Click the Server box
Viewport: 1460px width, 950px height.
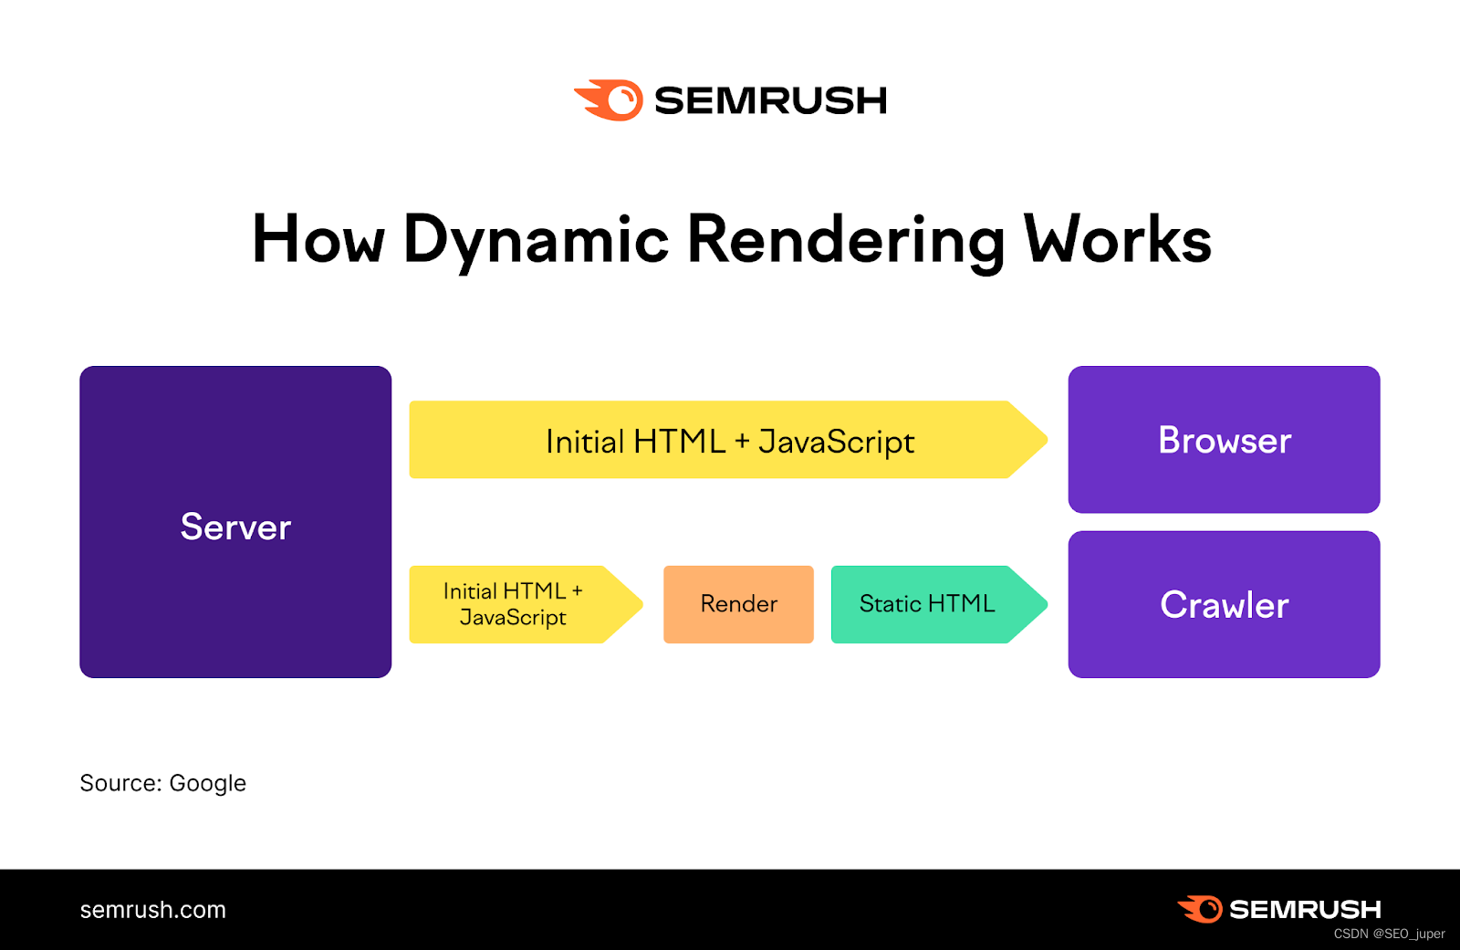tap(235, 522)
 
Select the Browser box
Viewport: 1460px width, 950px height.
tap(1224, 440)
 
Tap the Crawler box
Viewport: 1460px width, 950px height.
tap(1224, 604)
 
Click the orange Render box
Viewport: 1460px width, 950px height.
tap(738, 604)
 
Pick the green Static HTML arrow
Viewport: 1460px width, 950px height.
tap(931, 604)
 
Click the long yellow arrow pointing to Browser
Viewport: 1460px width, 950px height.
tap(721, 440)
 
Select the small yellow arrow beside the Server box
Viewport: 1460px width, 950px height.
tap(516, 604)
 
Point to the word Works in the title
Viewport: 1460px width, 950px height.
tap(1118, 239)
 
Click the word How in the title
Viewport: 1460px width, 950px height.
tap(318, 239)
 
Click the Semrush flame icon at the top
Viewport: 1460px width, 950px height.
tap(610, 100)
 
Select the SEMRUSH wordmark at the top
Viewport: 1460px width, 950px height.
tap(770, 100)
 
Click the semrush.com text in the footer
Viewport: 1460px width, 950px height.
tap(153, 910)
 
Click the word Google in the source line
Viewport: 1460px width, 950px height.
tap(207, 784)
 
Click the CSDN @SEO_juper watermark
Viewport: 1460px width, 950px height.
tap(1389, 934)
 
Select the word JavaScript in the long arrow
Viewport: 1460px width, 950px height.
tap(836, 443)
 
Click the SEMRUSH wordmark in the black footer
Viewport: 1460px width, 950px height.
tap(1305, 910)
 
